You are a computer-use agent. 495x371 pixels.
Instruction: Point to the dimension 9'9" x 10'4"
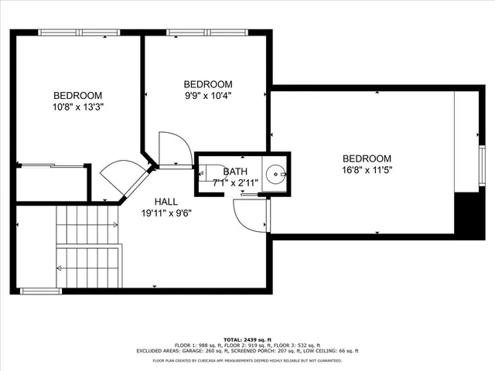pos(207,96)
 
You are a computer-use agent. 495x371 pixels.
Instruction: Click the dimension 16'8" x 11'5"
pos(367,170)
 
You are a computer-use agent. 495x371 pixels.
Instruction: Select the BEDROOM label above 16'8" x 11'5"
pos(367,158)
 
